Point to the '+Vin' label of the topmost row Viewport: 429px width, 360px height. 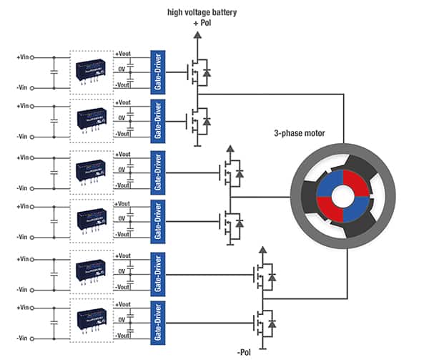(24, 55)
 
